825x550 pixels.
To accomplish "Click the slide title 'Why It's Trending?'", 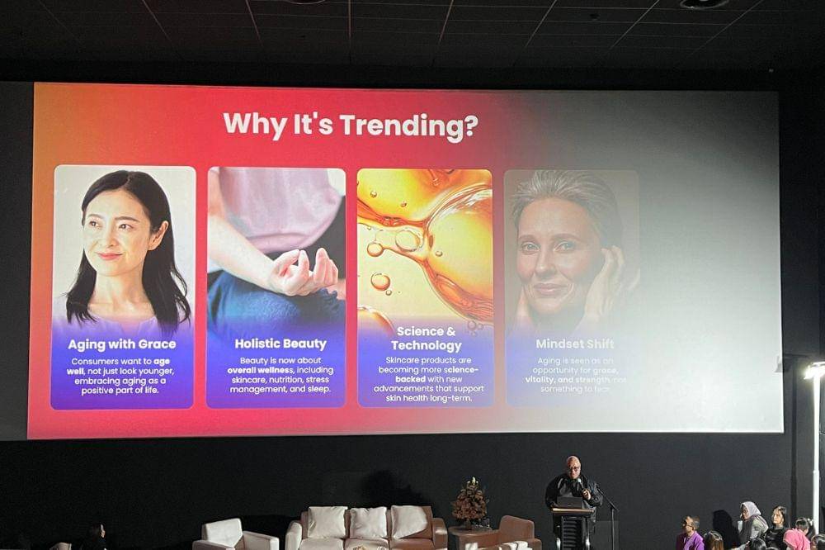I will pyautogui.click(x=350, y=126).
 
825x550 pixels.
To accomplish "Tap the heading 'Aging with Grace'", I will pyautogui.click(x=122, y=344).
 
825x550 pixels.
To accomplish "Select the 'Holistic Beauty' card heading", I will pyautogui.click(x=280, y=344).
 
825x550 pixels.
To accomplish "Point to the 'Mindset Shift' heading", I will pyautogui.click(x=575, y=344).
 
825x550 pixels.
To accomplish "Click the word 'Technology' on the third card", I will pyautogui.click(x=426, y=345).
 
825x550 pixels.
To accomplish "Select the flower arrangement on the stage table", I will pyautogui.click(x=471, y=500).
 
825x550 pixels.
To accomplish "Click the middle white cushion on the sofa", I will pyautogui.click(x=368, y=522).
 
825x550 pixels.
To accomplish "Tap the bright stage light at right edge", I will pyautogui.click(x=815, y=371).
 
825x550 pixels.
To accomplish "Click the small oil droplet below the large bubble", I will pyautogui.click(x=380, y=282).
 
